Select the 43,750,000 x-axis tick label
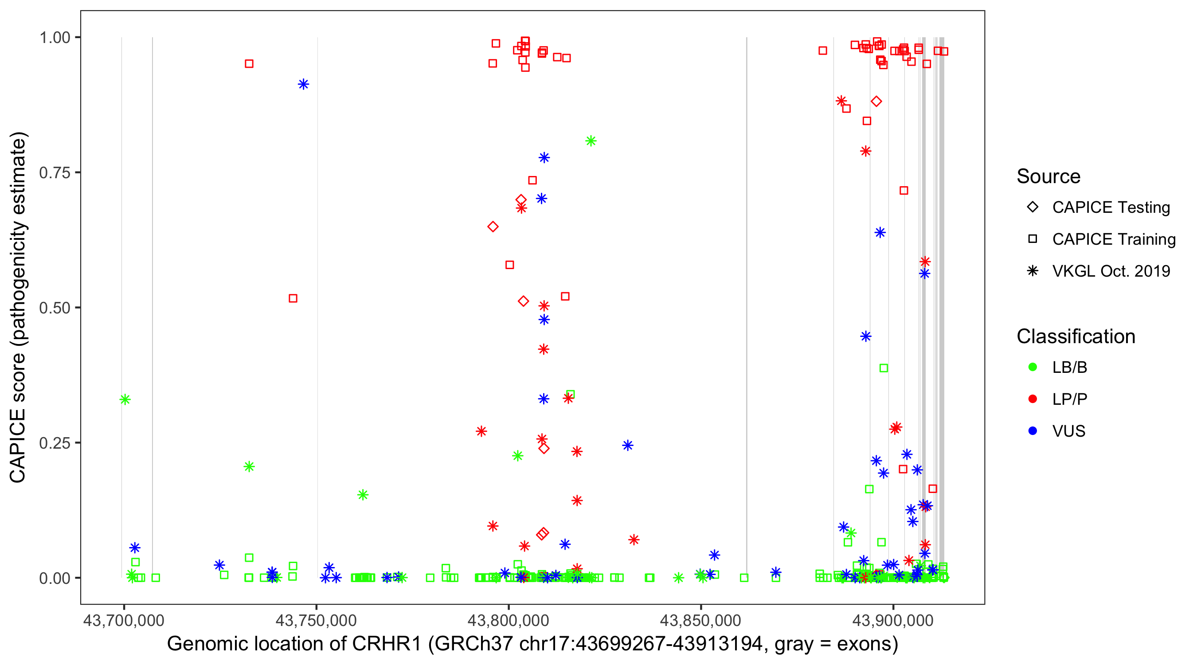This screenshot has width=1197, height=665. point(316,620)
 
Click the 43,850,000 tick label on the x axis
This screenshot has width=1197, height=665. point(700,620)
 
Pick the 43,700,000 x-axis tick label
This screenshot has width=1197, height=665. point(124,620)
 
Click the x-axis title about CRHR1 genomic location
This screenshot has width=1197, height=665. point(532,644)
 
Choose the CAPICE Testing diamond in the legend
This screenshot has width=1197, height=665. point(1033,207)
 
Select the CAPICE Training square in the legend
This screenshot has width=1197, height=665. point(1033,239)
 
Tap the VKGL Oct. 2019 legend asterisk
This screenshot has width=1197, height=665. point(1033,271)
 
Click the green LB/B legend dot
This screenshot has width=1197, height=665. point(1033,367)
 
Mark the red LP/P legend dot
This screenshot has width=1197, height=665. point(1033,399)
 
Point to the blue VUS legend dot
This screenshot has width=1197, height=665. point(1033,431)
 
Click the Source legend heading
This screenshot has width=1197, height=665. point(1048,176)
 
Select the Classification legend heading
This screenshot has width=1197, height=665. point(1076,336)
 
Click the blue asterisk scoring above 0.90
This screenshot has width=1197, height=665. point(303,84)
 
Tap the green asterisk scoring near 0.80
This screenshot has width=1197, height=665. point(591,141)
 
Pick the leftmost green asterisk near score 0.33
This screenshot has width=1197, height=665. point(125,399)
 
